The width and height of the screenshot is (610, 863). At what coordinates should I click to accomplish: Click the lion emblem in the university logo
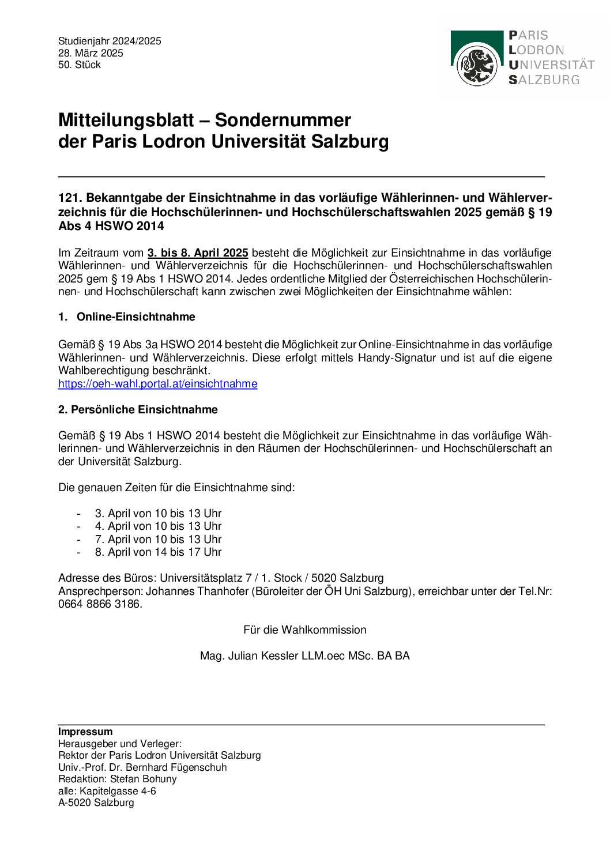477,66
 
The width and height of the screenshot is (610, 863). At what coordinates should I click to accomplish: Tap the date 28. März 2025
91,53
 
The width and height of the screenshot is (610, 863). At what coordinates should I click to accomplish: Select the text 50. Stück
80,65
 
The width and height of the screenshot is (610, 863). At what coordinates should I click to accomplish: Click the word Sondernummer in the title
283,120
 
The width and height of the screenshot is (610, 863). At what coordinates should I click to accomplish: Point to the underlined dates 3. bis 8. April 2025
198,253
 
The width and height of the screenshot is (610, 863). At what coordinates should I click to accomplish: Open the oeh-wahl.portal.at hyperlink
157,384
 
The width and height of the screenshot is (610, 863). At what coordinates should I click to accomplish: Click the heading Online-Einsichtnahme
135,317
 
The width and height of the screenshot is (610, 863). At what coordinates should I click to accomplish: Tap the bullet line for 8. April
158,552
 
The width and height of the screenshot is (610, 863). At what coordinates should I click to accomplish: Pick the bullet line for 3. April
158,514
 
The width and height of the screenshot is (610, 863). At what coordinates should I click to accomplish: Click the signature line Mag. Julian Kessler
304,656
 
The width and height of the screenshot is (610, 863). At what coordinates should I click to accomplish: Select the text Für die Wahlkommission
304,630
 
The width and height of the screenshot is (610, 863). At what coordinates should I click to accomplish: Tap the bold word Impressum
85,732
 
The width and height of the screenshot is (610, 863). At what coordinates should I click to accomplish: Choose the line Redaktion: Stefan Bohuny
118,779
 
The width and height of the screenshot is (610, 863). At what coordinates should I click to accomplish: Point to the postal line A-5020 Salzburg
96,802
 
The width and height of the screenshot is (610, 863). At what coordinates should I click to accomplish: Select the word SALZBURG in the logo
544,80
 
